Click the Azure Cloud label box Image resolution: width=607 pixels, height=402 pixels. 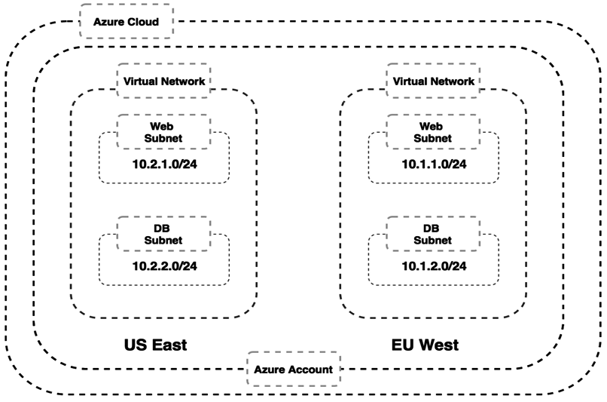click(126, 23)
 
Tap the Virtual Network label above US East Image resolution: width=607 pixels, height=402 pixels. click(163, 80)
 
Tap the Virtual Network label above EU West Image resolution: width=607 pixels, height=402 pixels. click(431, 80)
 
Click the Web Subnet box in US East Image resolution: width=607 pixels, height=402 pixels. click(163, 132)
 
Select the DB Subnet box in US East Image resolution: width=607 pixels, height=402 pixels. click(163, 234)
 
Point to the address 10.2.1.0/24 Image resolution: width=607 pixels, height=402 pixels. click(163, 163)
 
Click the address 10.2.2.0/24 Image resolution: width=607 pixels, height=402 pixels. click(163, 265)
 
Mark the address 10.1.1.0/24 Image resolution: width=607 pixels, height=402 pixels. click(432, 163)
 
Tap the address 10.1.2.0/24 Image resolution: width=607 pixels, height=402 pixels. click(432, 265)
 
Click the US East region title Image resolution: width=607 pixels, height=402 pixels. click(155, 346)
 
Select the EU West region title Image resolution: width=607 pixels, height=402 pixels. click(425, 346)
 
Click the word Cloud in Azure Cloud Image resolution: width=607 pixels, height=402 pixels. click(143, 23)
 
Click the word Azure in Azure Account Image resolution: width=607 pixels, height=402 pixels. click(270, 370)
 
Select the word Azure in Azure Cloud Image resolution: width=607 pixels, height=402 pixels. click(108, 23)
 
